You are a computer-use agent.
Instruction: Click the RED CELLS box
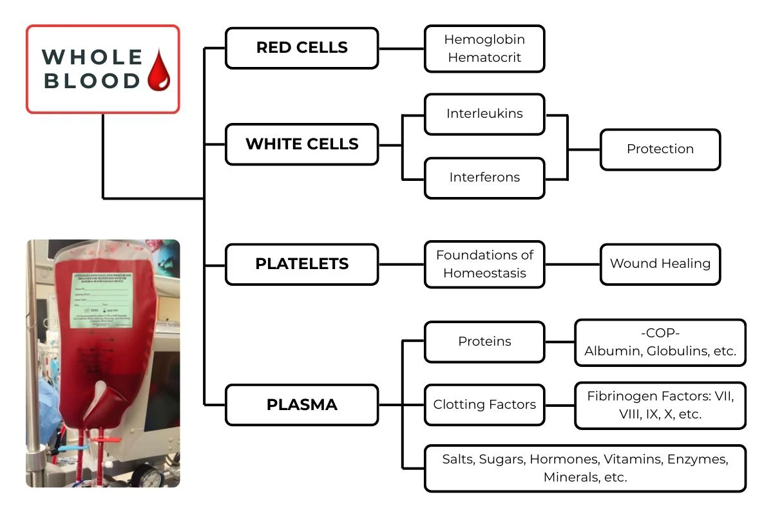click(301, 48)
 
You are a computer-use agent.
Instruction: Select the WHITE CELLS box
click(301, 144)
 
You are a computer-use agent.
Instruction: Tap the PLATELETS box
click(301, 264)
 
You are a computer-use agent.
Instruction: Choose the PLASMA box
click(301, 405)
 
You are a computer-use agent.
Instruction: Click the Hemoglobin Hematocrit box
click(484, 48)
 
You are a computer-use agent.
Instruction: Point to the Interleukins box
click(484, 114)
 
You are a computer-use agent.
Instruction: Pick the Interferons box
click(484, 177)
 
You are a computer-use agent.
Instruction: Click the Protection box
click(660, 149)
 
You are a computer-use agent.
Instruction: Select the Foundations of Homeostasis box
click(484, 264)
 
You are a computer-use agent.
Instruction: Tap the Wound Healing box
click(660, 264)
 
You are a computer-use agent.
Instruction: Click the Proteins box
click(484, 341)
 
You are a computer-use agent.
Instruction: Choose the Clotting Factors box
click(484, 405)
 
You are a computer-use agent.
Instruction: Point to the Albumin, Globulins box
click(660, 342)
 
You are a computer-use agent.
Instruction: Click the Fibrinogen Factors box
click(660, 406)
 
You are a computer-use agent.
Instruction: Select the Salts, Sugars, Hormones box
click(585, 468)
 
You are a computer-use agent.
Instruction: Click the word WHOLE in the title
click(92, 57)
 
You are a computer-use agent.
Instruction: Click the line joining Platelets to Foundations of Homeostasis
click(401, 264)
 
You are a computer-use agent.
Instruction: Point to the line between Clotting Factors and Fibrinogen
click(559, 406)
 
